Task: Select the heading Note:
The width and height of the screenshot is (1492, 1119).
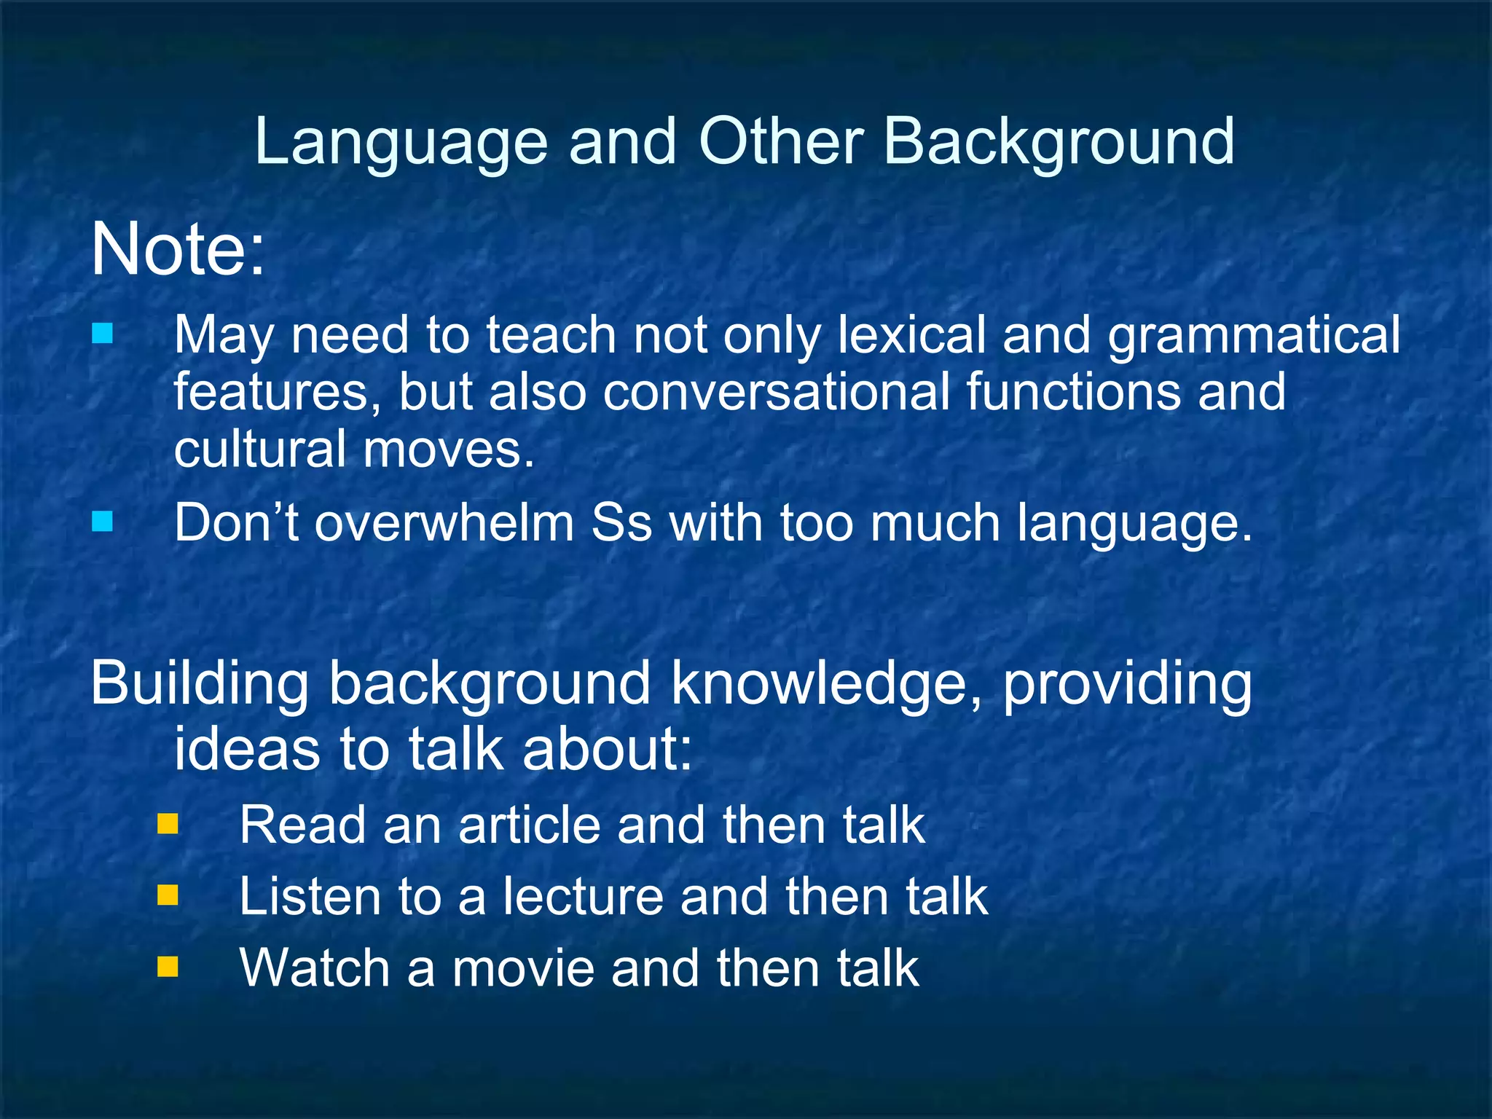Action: coord(178,249)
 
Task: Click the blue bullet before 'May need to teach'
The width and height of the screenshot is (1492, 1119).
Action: coord(103,334)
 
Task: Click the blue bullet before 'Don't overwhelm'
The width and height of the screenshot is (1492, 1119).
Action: coord(103,522)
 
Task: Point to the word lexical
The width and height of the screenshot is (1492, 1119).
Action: coord(911,335)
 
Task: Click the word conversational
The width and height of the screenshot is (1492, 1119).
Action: coord(776,392)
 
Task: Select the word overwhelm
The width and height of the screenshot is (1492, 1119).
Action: coord(444,523)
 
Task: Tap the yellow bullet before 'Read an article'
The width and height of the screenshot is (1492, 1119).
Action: coord(168,824)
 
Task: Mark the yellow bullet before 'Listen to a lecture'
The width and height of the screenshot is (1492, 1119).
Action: coord(168,895)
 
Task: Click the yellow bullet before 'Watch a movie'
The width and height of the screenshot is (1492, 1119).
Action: coord(168,967)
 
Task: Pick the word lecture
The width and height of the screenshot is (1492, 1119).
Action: coord(584,896)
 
